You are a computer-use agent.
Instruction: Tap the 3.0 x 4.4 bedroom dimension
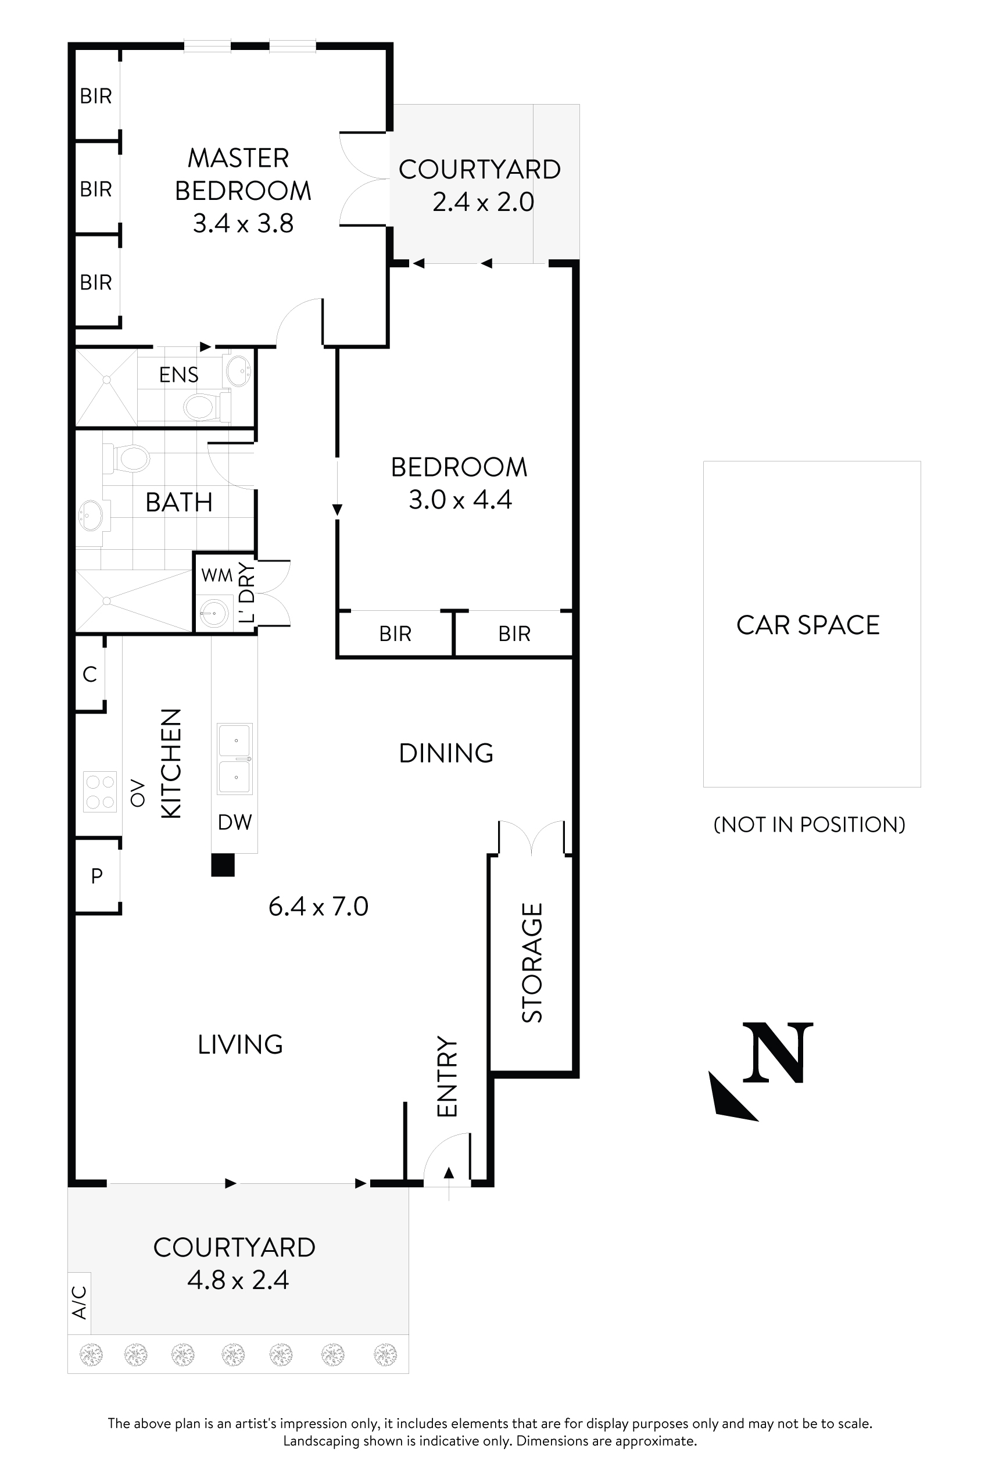tap(460, 500)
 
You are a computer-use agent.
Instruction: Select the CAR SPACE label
tap(808, 625)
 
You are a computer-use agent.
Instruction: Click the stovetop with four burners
tap(100, 792)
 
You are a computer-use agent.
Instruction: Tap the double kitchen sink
tap(235, 758)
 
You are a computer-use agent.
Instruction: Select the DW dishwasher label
tap(234, 822)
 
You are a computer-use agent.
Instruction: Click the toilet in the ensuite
tap(201, 406)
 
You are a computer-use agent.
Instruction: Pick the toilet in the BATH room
tap(130, 457)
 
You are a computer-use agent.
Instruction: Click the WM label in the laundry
tap(216, 575)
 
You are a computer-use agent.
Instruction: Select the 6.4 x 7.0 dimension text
tap(318, 907)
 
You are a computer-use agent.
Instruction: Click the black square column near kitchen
tap(223, 865)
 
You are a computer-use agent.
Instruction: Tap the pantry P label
tap(96, 876)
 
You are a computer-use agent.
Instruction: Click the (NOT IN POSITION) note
tap(809, 825)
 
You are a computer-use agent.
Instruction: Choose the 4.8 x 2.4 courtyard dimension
tap(238, 1280)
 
